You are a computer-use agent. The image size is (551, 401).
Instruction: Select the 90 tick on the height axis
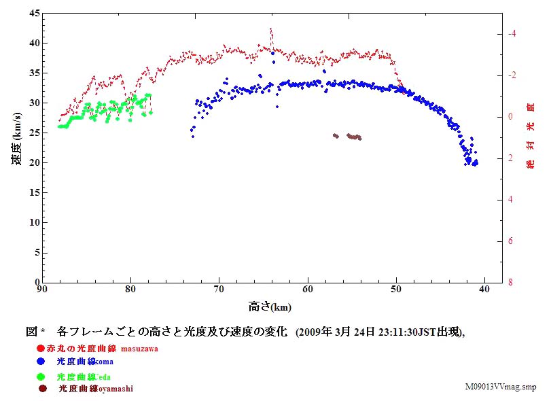click(x=43, y=290)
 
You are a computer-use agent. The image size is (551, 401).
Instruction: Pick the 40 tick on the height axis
click(x=484, y=290)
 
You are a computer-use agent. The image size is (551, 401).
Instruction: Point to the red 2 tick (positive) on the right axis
click(x=510, y=158)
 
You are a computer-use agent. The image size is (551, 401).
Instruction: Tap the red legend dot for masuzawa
click(x=41, y=349)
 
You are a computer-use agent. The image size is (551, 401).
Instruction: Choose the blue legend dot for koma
click(x=41, y=362)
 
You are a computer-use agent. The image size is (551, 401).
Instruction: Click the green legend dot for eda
click(x=41, y=376)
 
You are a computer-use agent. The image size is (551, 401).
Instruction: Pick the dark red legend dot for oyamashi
click(x=43, y=389)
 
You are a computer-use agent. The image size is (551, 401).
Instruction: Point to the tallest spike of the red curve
click(x=270, y=30)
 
